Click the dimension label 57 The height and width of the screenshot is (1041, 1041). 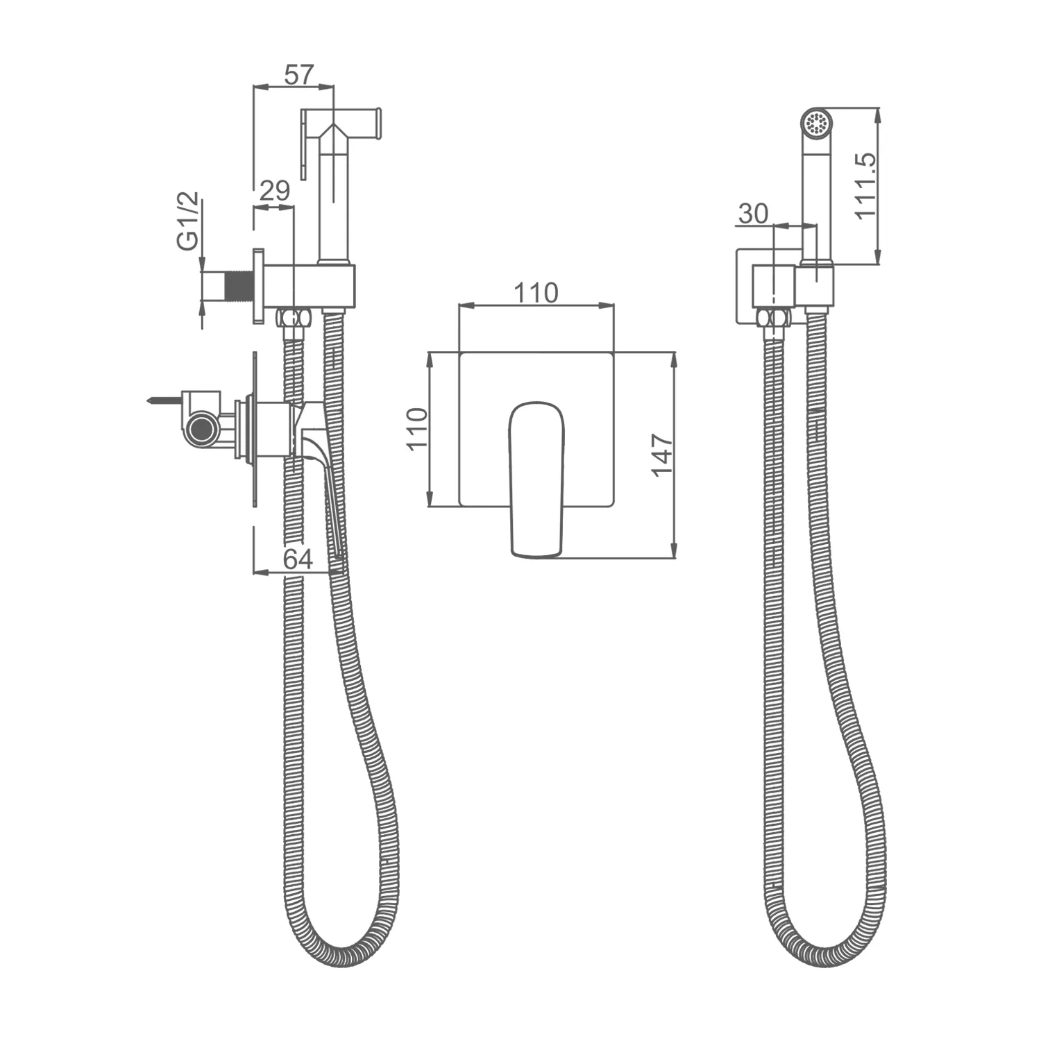click(x=300, y=74)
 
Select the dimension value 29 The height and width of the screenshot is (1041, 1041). click(x=274, y=191)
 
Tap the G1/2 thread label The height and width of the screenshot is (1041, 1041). click(x=188, y=220)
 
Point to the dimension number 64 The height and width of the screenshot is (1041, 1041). click(x=298, y=559)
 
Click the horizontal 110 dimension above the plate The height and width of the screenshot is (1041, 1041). click(x=536, y=293)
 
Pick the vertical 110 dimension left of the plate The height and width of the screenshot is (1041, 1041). click(x=417, y=430)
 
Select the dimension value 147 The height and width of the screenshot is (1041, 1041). click(x=662, y=455)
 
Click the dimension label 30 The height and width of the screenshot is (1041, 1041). click(x=753, y=213)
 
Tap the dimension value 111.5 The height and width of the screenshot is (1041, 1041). click(x=866, y=185)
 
